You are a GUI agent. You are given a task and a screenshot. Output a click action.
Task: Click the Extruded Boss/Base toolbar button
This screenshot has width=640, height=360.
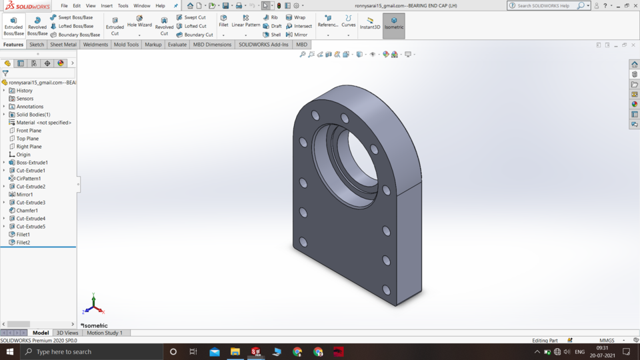tap(13, 26)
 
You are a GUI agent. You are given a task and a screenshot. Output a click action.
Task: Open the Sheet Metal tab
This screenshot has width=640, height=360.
tap(63, 45)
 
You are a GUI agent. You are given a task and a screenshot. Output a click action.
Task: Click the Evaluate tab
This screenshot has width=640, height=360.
tap(177, 45)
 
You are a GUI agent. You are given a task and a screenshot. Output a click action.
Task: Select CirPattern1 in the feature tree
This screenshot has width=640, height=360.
tap(28, 179)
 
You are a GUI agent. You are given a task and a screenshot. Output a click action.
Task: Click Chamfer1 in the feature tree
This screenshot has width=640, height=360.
tap(27, 211)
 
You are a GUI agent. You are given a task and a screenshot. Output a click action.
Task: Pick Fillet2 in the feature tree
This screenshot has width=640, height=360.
tap(23, 243)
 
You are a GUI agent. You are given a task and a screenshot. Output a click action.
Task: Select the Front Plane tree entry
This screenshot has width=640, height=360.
tap(29, 131)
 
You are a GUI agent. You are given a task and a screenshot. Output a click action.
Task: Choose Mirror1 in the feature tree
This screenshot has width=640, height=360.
tap(25, 195)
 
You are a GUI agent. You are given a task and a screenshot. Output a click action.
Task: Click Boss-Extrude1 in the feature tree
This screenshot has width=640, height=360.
tap(31, 163)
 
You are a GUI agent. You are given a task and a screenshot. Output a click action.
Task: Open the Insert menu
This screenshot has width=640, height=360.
tap(107, 5)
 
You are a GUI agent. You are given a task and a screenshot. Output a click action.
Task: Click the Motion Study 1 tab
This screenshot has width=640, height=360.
tap(104, 333)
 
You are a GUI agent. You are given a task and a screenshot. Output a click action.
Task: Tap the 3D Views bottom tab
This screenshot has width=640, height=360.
tap(67, 333)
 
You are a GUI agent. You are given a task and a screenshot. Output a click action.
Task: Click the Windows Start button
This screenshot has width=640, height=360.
tap(11, 351)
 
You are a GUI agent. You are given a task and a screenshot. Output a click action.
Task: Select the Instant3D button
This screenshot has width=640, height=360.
tap(370, 24)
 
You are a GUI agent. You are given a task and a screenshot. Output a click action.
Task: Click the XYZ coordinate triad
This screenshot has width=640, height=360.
tap(93, 305)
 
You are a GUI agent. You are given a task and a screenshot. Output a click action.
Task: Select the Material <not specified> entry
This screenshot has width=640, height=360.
tap(43, 123)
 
